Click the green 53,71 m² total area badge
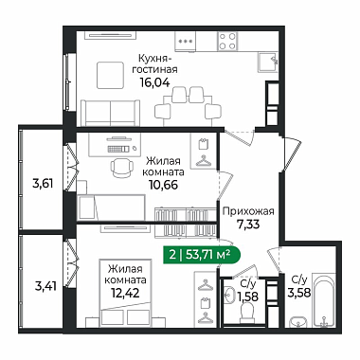[x=202, y=255]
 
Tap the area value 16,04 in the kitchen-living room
[x=154, y=82]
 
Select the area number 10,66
[x=163, y=185]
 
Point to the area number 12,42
[x=125, y=293]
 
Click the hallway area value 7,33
[x=248, y=225]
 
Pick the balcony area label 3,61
[x=43, y=183]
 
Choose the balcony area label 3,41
[x=46, y=287]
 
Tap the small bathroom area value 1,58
[x=247, y=297]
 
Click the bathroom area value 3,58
[x=299, y=292]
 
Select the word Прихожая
[x=248, y=211]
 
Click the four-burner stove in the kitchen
[x=227, y=42]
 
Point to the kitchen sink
[x=268, y=63]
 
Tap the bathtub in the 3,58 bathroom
[x=324, y=300]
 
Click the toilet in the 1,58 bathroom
[x=247, y=312]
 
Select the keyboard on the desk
[x=118, y=149]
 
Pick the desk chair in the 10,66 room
[x=121, y=167]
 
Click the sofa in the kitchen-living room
[x=110, y=113]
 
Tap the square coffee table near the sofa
[x=110, y=75]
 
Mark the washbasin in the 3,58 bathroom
[x=298, y=321]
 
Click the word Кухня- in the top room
[x=154, y=59]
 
